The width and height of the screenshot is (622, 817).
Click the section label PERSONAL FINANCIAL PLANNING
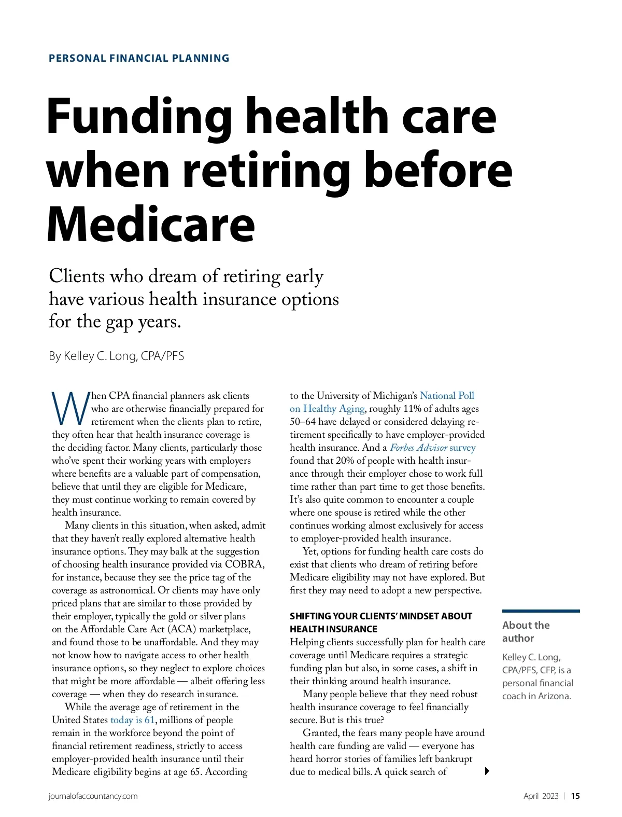click(139, 58)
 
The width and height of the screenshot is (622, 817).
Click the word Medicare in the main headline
click(151, 224)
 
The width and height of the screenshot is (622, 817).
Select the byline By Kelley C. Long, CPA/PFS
click(116, 356)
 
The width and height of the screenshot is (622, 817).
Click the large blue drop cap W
click(70, 409)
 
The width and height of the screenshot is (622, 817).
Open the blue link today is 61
click(133, 720)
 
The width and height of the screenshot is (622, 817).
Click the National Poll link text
click(447, 396)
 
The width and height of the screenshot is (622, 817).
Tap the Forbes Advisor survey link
click(432, 448)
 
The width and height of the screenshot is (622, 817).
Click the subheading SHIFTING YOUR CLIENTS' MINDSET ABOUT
click(380, 616)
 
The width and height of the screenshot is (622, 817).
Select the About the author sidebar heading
click(526, 631)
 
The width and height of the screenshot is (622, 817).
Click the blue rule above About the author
click(541, 611)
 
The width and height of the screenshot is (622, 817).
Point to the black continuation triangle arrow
click(487, 771)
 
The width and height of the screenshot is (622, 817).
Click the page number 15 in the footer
click(575, 796)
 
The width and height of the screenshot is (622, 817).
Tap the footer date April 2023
click(541, 796)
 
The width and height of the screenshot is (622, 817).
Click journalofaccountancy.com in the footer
click(93, 796)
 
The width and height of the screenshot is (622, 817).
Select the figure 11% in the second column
click(412, 409)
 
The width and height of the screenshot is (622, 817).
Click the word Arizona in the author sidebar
click(554, 696)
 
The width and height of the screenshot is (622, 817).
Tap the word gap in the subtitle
click(119, 322)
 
